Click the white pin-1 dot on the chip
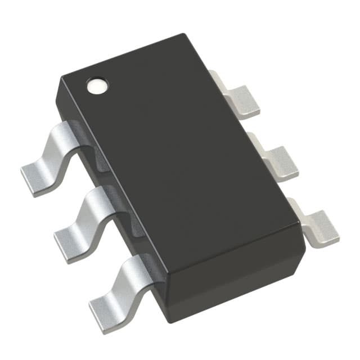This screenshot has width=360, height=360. pos(96,85)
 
